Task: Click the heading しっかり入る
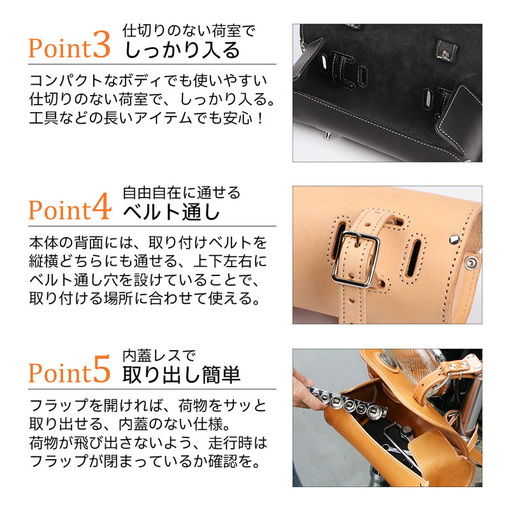(182, 49)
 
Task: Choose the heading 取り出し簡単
(182, 374)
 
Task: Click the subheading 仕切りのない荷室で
(188, 29)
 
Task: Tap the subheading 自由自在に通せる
(182, 192)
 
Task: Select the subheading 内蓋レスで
(159, 355)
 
